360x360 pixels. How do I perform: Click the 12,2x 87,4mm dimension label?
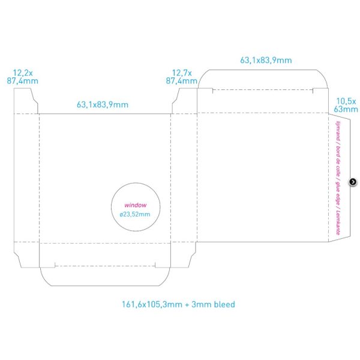coord(23,77)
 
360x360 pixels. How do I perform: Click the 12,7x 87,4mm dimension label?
coord(182,77)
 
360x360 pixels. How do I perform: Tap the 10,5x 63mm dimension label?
coord(346,105)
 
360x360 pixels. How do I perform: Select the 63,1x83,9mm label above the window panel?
coord(103,104)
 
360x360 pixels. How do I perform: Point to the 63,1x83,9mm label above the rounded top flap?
coord(266,61)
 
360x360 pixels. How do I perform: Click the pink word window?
coord(136,205)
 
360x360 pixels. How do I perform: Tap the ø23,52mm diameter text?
coord(135,214)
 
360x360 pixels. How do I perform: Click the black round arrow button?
coord(353,182)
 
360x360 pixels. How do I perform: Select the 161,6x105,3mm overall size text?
coord(152,304)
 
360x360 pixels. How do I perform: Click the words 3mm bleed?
coord(213,304)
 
